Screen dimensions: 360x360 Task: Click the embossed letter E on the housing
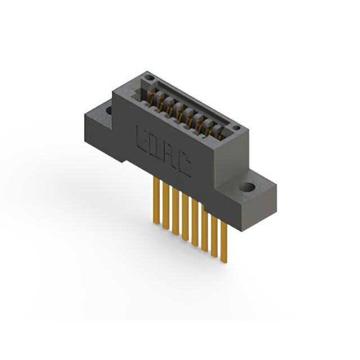click(x=143, y=138)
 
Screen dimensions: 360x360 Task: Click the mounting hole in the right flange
click(x=246, y=187)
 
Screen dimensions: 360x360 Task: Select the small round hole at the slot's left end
click(x=148, y=78)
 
